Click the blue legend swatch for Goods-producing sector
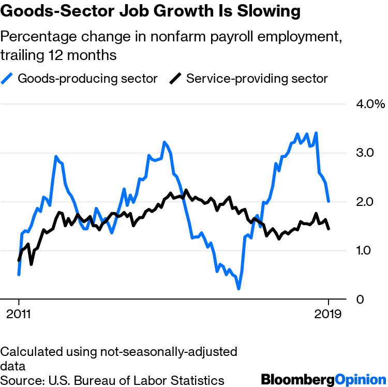tap(8, 79)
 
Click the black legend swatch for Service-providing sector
tap(176, 79)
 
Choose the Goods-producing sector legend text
tap(87, 79)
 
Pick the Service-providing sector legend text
tap(257, 79)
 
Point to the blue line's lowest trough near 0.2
tap(238, 288)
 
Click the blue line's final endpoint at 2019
tap(329, 201)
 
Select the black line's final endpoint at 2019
tap(329, 229)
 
